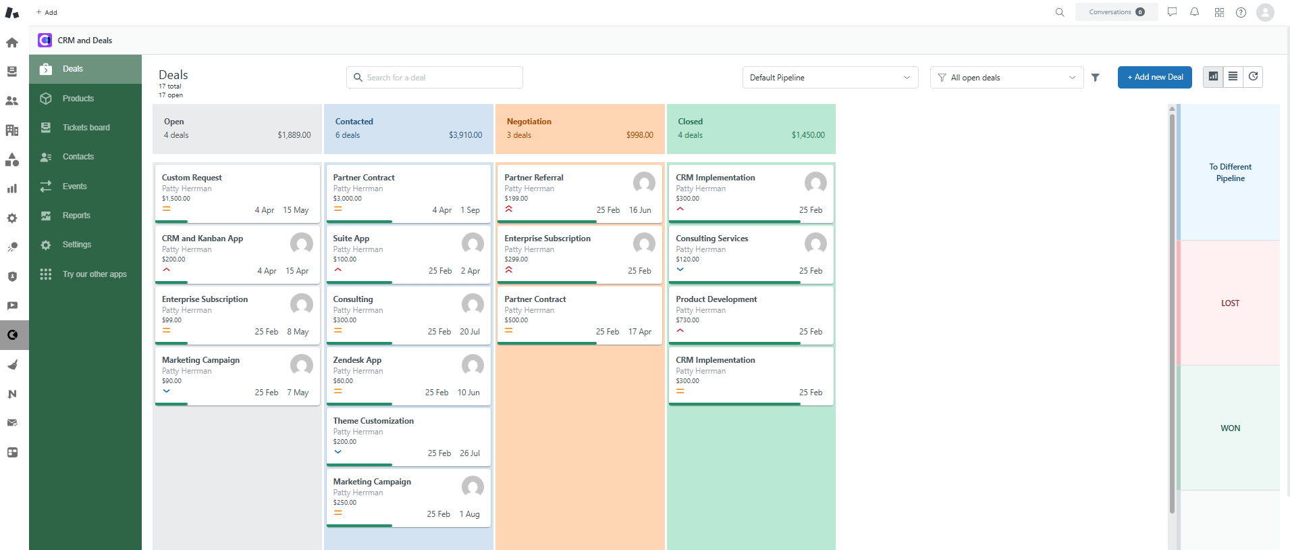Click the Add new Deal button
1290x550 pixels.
(1154, 77)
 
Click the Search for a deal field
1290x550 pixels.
(435, 78)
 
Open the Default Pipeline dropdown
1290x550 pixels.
(830, 78)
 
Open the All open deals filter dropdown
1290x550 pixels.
(1006, 78)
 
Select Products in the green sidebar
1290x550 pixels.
(78, 99)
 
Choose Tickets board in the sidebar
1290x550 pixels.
(86, 128)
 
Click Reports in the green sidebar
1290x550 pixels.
(76, 216)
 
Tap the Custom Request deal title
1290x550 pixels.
(192, 178)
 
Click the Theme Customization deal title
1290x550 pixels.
(373, 421)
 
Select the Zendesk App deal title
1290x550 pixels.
(357, 360)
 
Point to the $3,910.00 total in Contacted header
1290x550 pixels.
(465, 135)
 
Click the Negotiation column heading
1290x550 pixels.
(529, 122)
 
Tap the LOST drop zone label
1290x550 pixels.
(1230, 303)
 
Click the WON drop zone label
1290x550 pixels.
(1230, 428)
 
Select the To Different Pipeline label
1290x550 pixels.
(1230, 172)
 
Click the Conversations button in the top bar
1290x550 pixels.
(1116, 12)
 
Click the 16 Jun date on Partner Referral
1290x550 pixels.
(640, 210)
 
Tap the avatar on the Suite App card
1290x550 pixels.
(473, 243)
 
